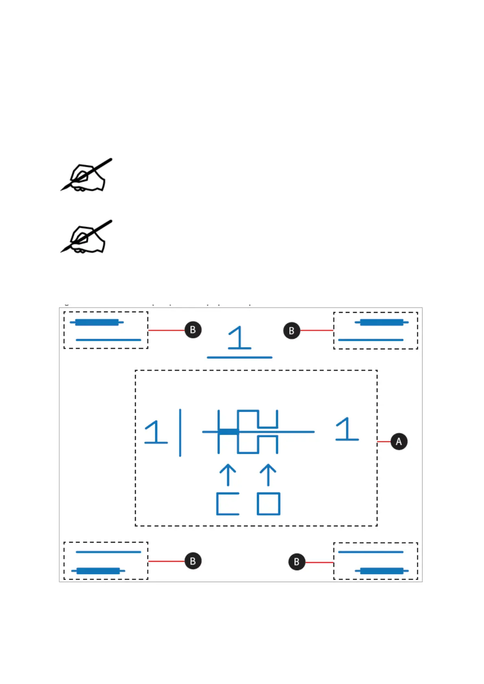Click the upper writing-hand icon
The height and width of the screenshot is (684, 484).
click(87, 175)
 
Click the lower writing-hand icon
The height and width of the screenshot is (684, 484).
click(87, 238)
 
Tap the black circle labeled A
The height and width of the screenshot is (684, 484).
click(399, 442)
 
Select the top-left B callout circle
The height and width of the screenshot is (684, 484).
click(193, 330)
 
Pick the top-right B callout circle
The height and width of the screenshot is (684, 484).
click(291, 331)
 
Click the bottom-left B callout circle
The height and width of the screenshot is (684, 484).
click(193, 561)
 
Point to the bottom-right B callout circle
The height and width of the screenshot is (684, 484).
click(297, 562)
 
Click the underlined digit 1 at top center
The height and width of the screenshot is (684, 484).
click(239, 338)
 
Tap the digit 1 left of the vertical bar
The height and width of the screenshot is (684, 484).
click(156, 432)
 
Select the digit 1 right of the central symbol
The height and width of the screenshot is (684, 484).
click(347, 429)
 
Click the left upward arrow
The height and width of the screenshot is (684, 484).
click(228, 475)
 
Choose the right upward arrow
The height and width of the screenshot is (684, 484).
click(268, 475)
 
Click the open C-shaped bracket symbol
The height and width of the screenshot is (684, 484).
click(227, 504)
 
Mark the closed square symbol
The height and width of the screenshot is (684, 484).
click(269, 504)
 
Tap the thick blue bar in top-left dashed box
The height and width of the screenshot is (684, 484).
click(97, 323)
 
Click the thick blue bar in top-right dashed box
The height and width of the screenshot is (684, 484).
click(382, 323)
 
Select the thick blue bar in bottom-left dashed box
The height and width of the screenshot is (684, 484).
click(98, 571)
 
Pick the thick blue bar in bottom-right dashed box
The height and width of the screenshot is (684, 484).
click(382, 571)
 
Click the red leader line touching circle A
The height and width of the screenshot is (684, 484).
click(384, 442)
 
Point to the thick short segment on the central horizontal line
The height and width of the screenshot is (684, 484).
click(228, 432)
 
